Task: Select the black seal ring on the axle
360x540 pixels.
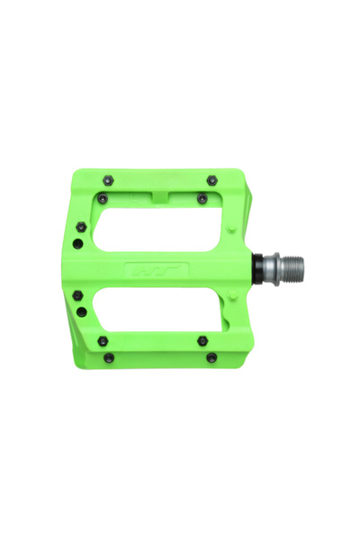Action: click(x=258, y=267)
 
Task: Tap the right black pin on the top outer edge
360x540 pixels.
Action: click(x=211, y=180)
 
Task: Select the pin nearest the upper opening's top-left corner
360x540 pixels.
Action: click(x=103, y=197)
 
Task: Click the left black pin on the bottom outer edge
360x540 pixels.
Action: click(x=109, y=357)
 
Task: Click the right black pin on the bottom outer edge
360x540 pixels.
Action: click(x=211, y=357)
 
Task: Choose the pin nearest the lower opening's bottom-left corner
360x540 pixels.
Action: click(x=103, y=340)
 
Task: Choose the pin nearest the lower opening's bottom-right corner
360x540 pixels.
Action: click(x=202, y=340)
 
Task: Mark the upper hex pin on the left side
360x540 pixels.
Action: click(x=81, y=227)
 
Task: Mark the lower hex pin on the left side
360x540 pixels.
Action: click(x=81, y=295)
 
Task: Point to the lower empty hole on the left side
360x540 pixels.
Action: click(x=81, y=311)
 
